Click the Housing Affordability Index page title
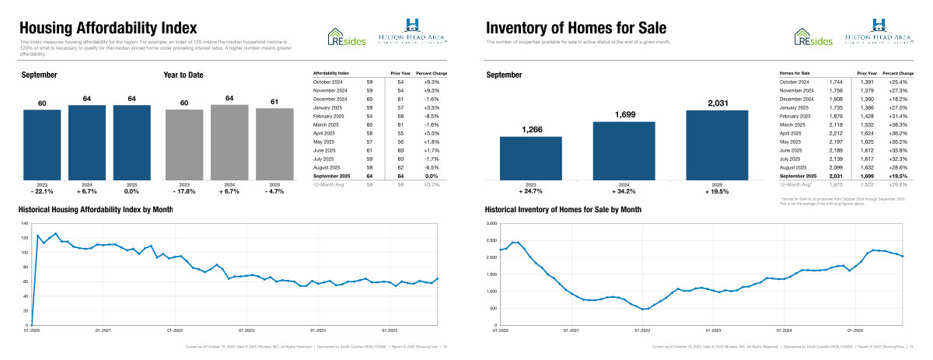click(114, 29)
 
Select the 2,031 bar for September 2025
click(716, 146)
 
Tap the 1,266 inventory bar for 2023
click(530, 159)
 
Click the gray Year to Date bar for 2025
click(274, 145)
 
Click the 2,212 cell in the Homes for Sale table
click(836, 132)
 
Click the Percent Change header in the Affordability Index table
click(432, 72)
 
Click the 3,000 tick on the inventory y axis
click(490, 224)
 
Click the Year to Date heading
click(183, 75)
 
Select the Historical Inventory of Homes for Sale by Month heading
click(563, 210)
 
